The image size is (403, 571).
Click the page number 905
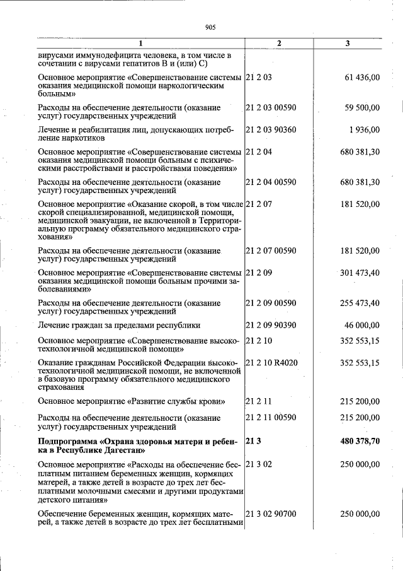point(210,27)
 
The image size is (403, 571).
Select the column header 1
point(140,44)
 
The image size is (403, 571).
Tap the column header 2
point(279,44)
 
